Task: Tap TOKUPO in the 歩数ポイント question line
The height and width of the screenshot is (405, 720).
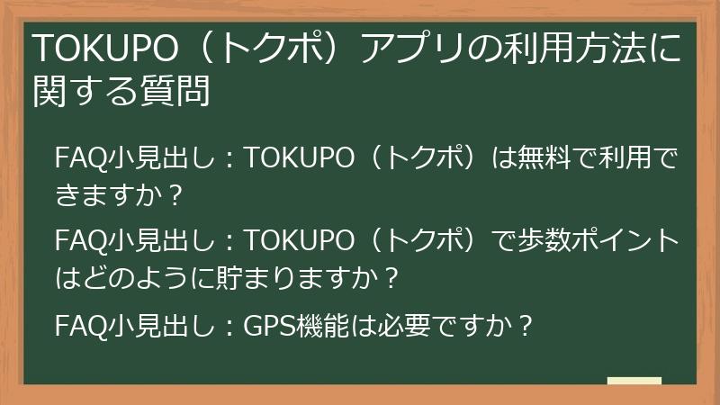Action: pyautogui.click(x=301, y=240)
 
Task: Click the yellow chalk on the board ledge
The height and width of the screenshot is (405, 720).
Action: pyautogui.click(x=634, y=382)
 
